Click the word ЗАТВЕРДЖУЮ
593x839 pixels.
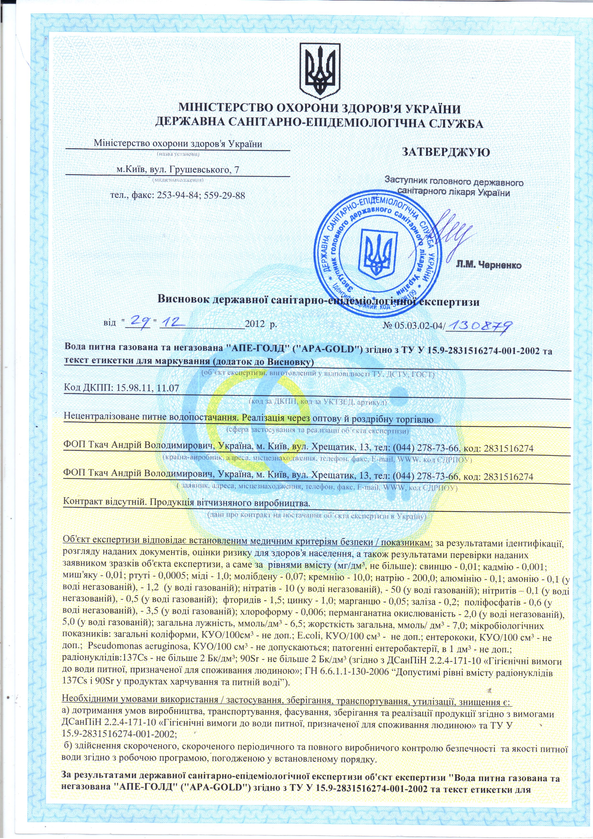pyautogui.click(x=446, y=152)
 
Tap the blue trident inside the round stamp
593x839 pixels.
pyautogui.click(x=377, y=252)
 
